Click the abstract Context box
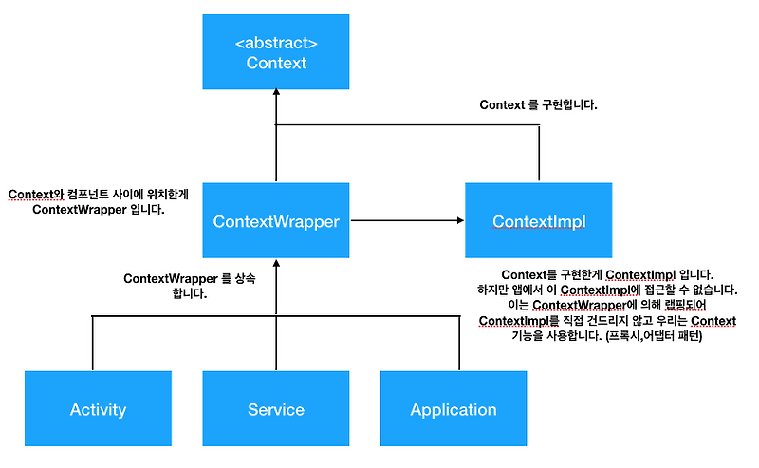(x=276, y=52)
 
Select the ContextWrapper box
(x=276, y=221)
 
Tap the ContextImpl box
(x=539, y=221)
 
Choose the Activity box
(x=98, y=409)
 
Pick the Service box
(x=276, y=409)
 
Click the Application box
(x=454, y=409)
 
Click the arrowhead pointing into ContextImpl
(x=458, y=221)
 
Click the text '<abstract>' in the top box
(x=276, y=43)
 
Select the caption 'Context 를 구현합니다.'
(x=539, y=105)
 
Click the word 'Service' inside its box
(x=276, y=410)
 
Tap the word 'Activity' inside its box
(x=98, y=410)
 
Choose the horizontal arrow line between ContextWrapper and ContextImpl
(x=403, y=221)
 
